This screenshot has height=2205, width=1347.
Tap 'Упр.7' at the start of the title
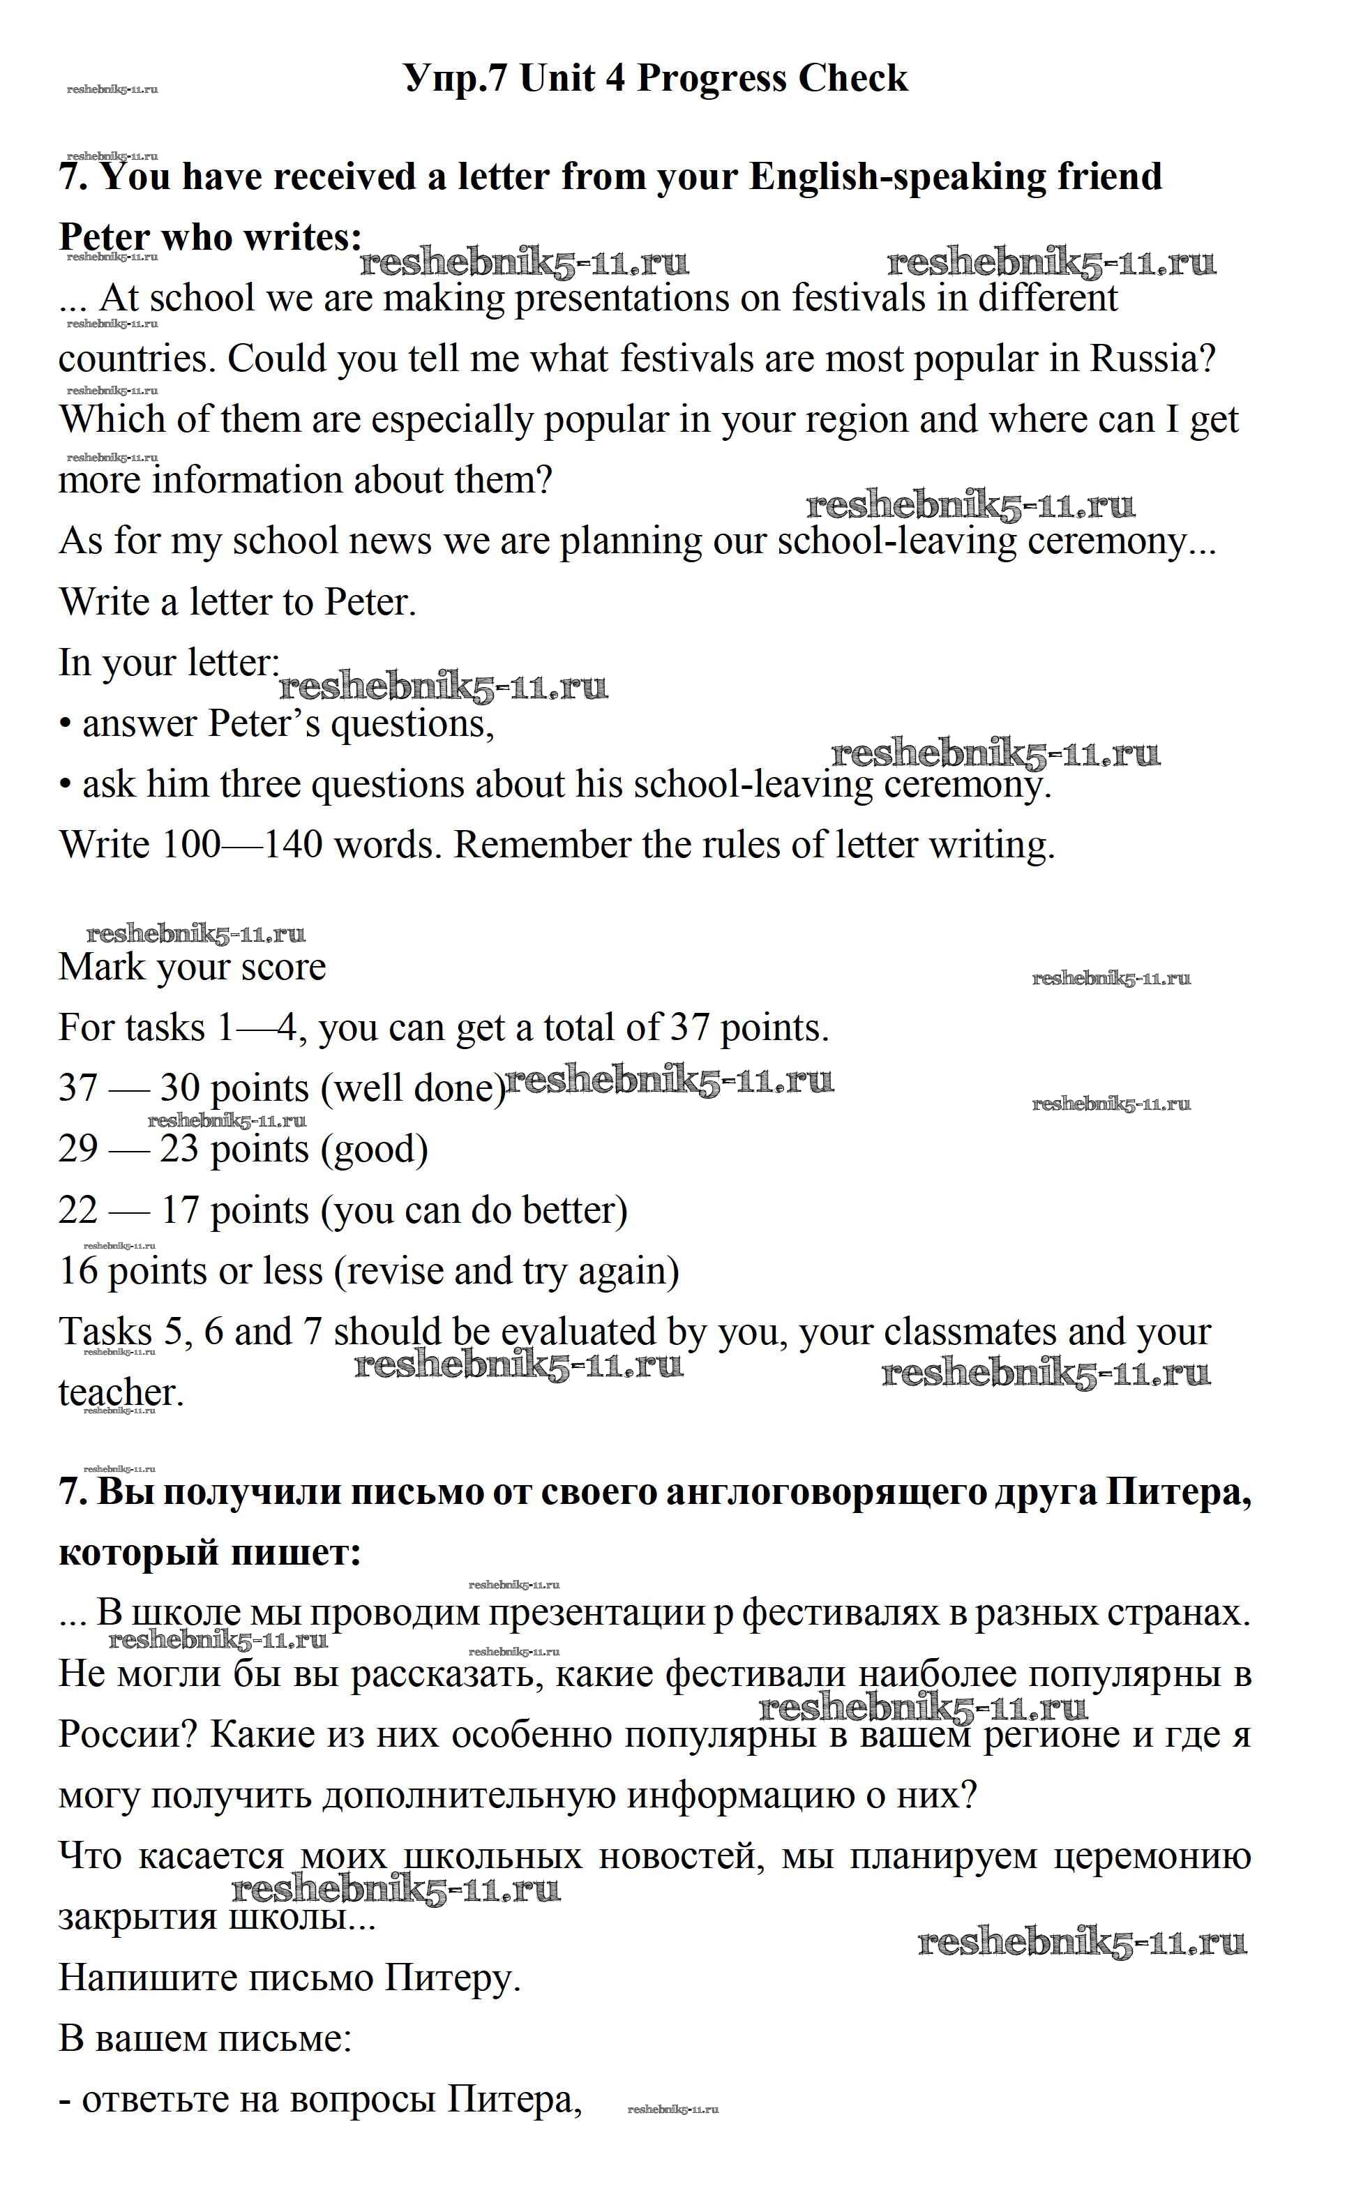click(x=456, y=79)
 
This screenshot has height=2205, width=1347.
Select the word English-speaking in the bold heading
click(x=897, y=176)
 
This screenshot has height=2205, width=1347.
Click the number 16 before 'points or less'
click(x=78, y=1271)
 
